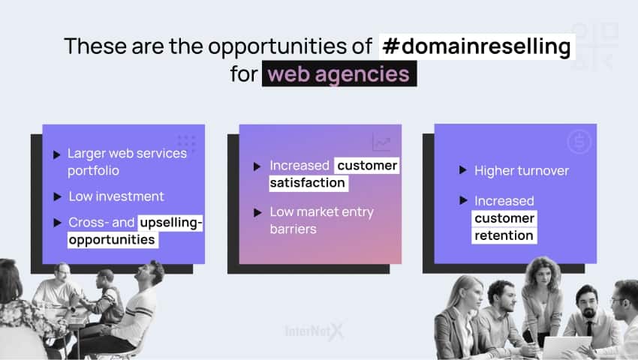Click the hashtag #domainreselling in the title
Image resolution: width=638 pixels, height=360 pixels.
click(x=477, y=46)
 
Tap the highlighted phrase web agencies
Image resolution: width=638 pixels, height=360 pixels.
click(x=339, y=74)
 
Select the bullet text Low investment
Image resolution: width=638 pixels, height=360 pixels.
click(x=116, y=196)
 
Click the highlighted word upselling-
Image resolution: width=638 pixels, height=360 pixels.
click(x=170, y=223)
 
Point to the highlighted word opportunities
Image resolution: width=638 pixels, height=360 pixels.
click(x=113, y=239)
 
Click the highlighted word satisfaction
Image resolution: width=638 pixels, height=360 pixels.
click(x=308, y=183)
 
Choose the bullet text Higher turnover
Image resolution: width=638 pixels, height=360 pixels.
click(x=522, y=171)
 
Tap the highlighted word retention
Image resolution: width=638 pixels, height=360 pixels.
click(x=504, y=235)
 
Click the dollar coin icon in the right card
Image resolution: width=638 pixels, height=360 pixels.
click(x=579, y=142)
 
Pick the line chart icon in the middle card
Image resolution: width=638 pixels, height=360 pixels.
click(x=381, y=142)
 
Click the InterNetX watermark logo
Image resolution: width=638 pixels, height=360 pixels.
click(x=314, y=331)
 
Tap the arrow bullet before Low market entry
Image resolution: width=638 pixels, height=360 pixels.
click(x=257, y=212)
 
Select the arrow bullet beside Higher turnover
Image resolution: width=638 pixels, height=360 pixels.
click(x=462, y=169)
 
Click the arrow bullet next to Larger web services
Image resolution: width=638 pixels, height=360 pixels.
click(x=56, y=154)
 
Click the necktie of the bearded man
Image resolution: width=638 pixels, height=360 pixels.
click(x=589, y=328)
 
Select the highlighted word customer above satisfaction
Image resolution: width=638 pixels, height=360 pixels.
click(x=367, y=166)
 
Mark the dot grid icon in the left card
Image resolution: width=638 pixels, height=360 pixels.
click(x=187, y=143)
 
